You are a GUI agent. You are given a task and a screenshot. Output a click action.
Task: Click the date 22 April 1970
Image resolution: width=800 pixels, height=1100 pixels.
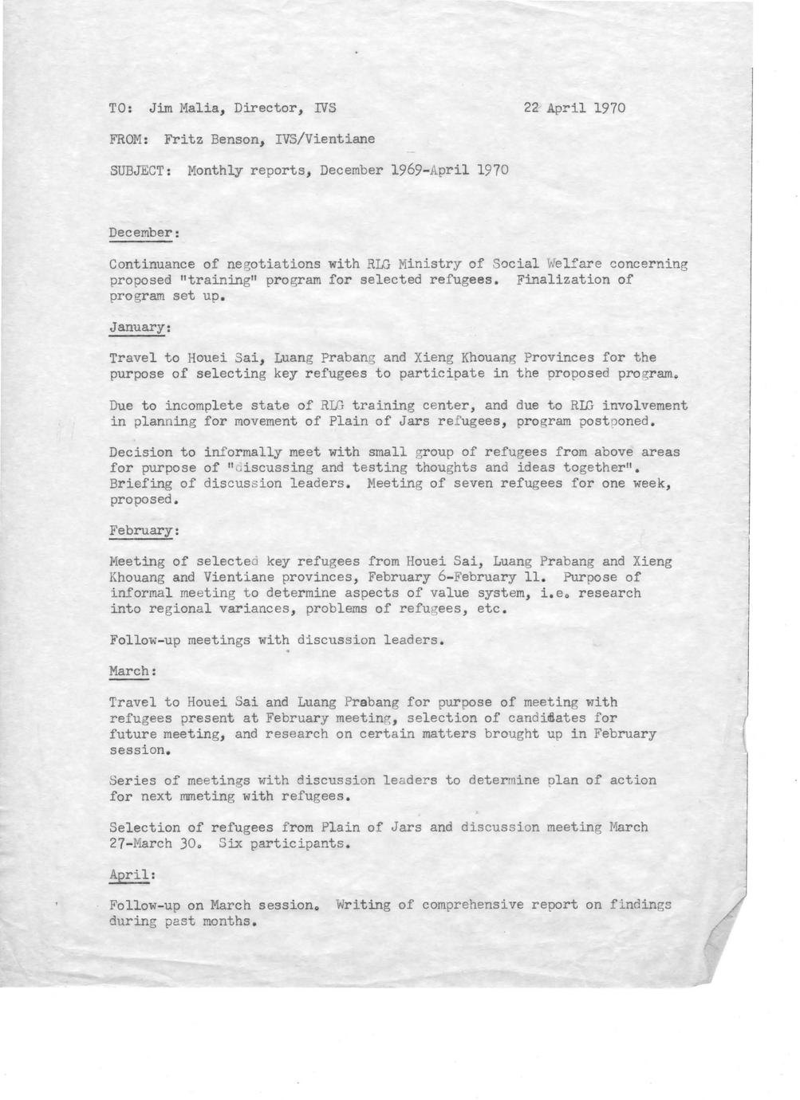click(574, 108)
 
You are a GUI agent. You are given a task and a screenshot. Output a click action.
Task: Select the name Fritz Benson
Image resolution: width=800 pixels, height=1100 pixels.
click(213, 139)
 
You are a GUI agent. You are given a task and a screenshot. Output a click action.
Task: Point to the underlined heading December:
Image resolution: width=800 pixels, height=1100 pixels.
click(144, 233)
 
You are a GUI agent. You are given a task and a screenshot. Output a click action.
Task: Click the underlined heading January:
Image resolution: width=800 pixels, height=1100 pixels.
click(140, 327)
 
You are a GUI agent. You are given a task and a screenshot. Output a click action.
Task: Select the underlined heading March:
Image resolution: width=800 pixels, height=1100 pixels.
click(131, 672)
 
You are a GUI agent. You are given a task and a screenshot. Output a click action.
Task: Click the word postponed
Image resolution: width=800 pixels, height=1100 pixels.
click(610, 421)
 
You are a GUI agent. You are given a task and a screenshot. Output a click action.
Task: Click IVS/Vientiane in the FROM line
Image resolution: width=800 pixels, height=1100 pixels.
click(325, 139)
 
